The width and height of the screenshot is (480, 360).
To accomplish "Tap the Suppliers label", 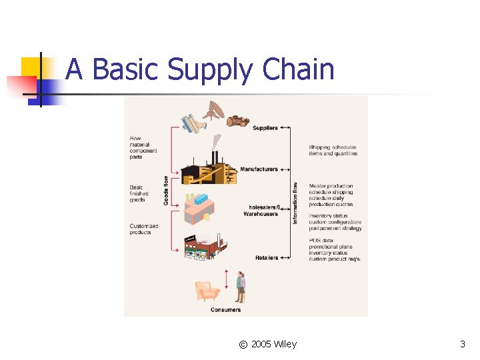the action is pyautogui.click(x=265, y=127).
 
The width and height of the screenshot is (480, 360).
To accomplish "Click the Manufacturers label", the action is pyautogui.click(x=259, y=169).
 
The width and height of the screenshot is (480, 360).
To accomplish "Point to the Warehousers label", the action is pyautogui.click(x=261, y=214).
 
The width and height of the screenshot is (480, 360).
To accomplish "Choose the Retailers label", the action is pyautogui.click(x=267, y=258).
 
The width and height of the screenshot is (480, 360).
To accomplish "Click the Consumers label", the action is pyautogui.click(x=226, y=309).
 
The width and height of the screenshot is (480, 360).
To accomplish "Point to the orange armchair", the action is pyautogui.click(x=207, y=291).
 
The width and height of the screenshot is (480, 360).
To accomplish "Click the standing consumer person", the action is pyautogui.click(x=241, y=287).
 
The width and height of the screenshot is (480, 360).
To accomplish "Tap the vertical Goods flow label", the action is pyautogui.click(x=166, y=189).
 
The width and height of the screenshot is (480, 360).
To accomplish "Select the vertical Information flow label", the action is pyautogui.click(x=295, y=203).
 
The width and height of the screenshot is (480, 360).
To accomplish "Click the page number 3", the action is pyautogui.click(x=463, y=344).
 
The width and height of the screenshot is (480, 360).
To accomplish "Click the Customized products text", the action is pyautogui.click(x=144, y=229).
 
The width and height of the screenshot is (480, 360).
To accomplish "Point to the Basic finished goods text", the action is pyautogui.click(x=139, y=193).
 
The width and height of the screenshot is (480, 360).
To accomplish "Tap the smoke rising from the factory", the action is pyautogui.click(x=217, y=142).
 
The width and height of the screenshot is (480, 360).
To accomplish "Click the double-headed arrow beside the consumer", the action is pyautogui.click(x=227, y=279).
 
